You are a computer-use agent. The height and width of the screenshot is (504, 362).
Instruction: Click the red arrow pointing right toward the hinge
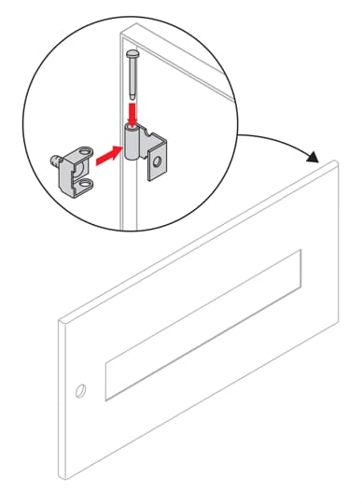tap(110, 151)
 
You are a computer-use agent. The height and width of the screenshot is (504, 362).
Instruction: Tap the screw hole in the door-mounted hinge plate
tap(157, 161)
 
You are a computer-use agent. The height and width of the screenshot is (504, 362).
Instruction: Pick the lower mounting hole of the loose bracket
tap(88, 185)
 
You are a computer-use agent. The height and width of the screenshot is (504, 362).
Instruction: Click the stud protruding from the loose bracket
tap(55, 157)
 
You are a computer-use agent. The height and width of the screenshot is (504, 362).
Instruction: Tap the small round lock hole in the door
tap(81, 389)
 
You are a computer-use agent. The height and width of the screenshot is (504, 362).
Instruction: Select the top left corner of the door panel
tap(60, 319)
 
